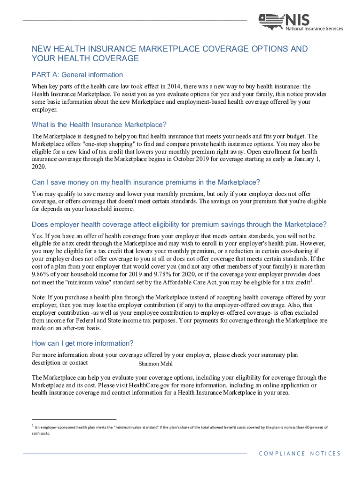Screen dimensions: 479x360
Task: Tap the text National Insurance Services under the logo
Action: click(315, 29)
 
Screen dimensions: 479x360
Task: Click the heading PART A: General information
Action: click(77, 75)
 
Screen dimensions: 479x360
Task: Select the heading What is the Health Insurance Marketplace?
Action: click(99, 124)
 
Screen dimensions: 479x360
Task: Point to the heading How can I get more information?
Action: click(83, 343)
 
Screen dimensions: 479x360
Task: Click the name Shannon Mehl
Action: click(156, 364)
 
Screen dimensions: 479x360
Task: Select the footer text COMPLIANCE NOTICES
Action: click(300, 453)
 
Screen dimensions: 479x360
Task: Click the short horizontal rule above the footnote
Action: click(74, 420)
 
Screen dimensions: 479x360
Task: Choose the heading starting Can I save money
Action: click(145, 182)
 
